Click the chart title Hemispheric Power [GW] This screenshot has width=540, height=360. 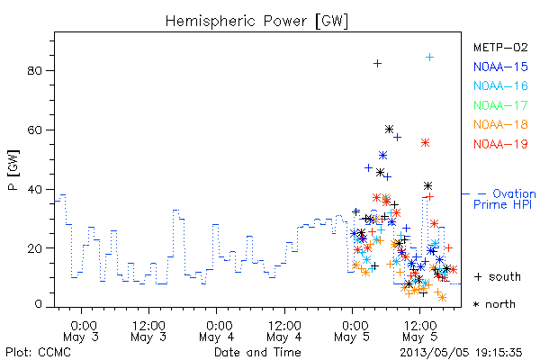pyautogui.click(x=256, y=22)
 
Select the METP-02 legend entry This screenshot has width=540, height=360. pyautogui.click(x=500, y=48)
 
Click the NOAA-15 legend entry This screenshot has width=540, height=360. pyautogui.click(x=500, y=67)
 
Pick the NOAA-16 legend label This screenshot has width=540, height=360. pyautogui.click(x=500, y=85)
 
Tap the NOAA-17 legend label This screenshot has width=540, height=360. pyautogui.click(x=500, y=105)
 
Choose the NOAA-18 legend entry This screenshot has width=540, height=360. pyautogui.click(x=500, y=124)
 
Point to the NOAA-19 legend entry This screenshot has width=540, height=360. pyautogui.click(x=500, y=144)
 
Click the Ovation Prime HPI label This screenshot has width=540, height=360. pyautogui.click(x=504, y=199)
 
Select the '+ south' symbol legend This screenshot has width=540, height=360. pyautogui.click(x=498, y=276)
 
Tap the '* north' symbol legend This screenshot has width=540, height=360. pyautogui.click(x=494, y=304)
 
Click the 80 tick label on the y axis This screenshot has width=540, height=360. pyautogui.click(x=34, y=70)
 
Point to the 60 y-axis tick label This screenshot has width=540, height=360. pyautogui.click(x=34, y=130)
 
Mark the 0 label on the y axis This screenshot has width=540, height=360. pyautogui.click(x=38, y=304)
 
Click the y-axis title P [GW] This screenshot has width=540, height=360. pyautogui.click(x=13, y=170)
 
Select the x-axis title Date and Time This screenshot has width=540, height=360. pyautogui.click(x=257, y=352)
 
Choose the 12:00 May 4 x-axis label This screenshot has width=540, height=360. pyautogui.click(x=284, y=331)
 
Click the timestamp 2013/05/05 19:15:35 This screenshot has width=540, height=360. pyautogui.click(x=461, y=353)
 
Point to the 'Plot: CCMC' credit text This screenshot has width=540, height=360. pyautogui.click(x=38, y=353)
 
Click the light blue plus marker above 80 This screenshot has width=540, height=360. pyautogui.click(x=429, y=58)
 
